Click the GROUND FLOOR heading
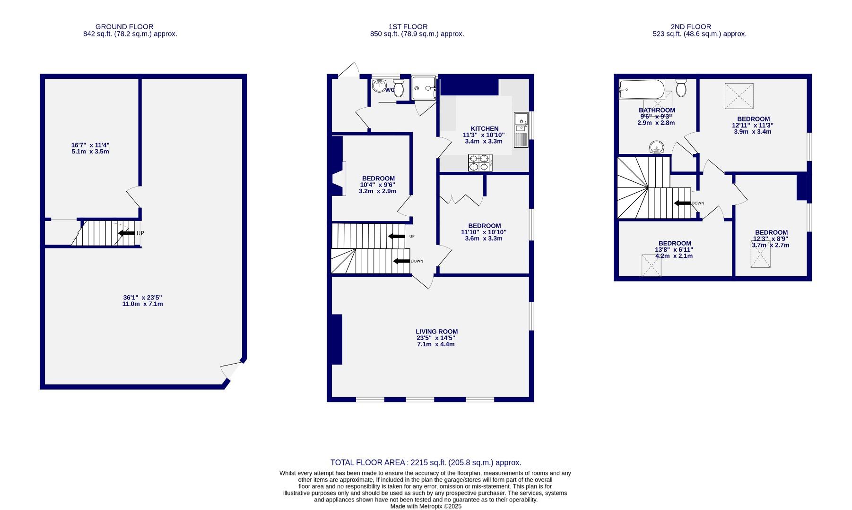coord(124,27)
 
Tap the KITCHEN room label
coord(484,128)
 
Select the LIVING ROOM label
coord(436,331)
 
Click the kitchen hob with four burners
coord(479,163)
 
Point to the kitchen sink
coord(521,121)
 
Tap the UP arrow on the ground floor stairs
coord(126,233)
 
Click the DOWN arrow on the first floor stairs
coord(401,261)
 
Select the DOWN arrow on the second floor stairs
coord(682,203)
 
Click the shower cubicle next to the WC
coord(424,88)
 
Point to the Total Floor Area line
coord(426,463)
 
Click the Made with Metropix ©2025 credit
coord(426,506)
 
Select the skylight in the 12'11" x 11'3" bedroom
coord(739,95)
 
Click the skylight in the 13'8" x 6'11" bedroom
coord(651,265)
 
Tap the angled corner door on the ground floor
coord(232,370)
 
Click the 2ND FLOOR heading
coord(690,27)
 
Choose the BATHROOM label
coord(657,110)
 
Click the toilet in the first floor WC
coord(399,86)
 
